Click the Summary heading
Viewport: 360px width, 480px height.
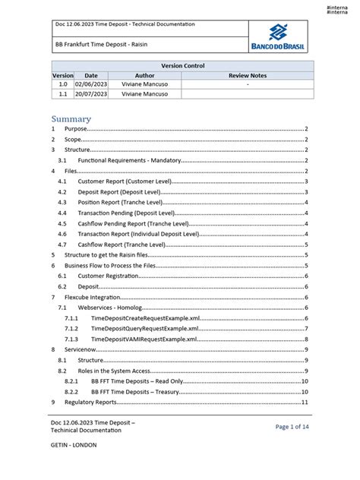(71, 118)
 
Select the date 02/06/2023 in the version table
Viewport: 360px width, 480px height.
(91, 85)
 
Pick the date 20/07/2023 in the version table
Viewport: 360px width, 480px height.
(91, 94)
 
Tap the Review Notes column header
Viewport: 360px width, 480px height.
(248, 76)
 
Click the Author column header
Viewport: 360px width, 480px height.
(144, 76)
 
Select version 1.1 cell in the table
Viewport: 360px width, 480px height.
(63, 94)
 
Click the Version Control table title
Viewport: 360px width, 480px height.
(182, 66)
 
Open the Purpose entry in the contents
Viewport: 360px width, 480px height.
(76, 130)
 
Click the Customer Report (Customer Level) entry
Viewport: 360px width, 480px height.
(126, 182)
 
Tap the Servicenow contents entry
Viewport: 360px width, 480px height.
(83, 349)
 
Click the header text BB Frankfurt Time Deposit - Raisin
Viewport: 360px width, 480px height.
(101, 45)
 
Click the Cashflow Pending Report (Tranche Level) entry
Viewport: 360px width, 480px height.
(134, 224)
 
